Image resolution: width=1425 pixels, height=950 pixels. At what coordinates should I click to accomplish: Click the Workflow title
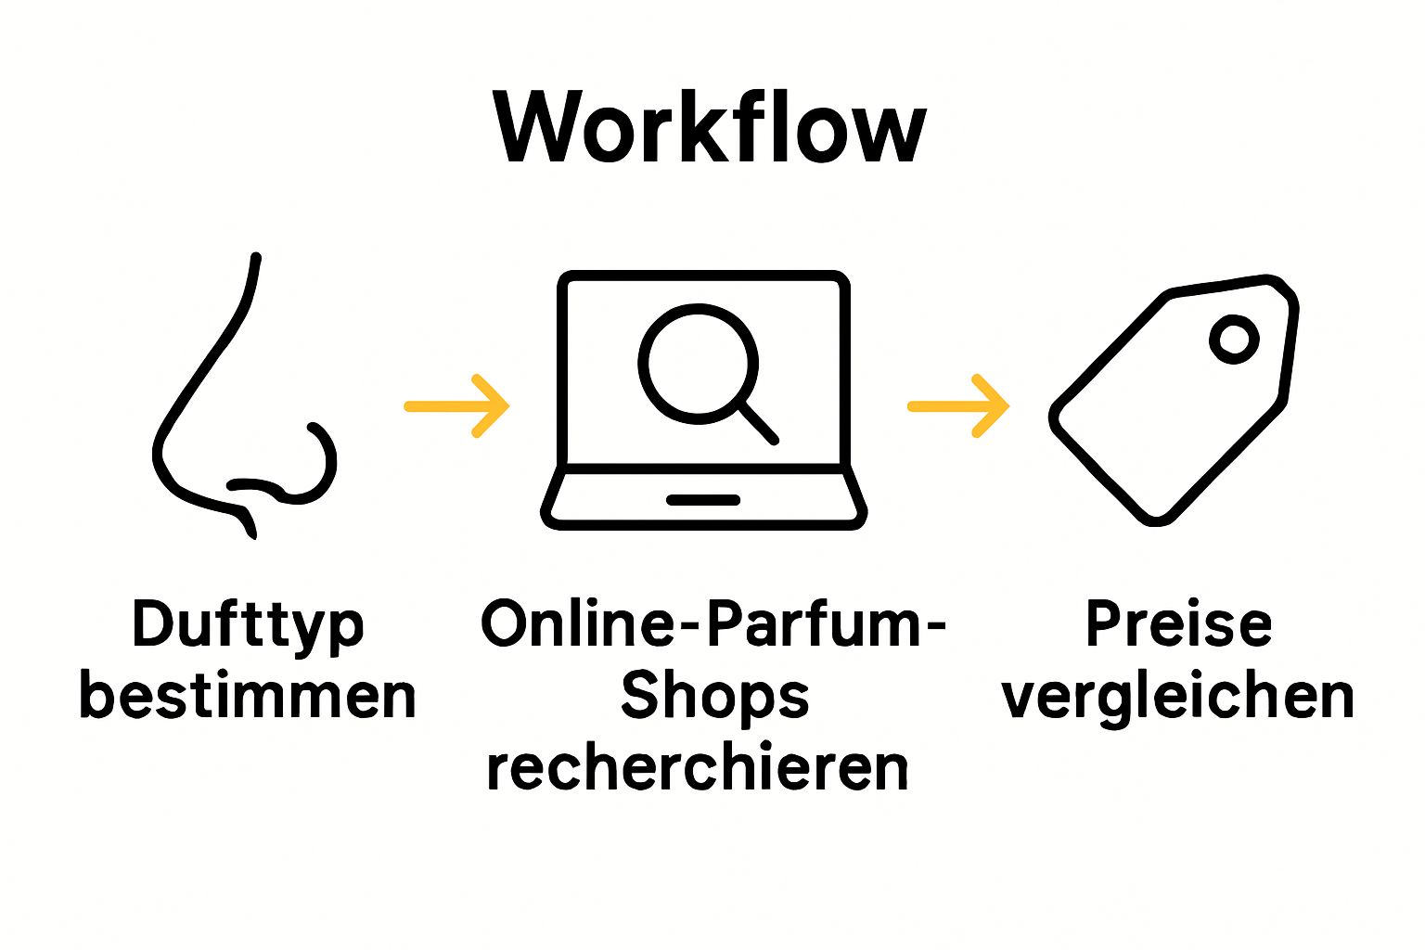coord(710,127)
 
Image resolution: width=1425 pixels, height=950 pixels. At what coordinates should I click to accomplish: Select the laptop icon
coord(703,401)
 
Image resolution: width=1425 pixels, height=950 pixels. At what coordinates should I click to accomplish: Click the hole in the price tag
coord(1233,339)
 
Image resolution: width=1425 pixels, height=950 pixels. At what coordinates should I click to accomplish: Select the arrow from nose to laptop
coord(457,406)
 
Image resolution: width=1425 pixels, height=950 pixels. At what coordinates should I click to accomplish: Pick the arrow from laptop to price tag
coord(958,406)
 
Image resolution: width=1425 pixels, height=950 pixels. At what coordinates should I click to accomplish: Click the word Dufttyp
coord(248,624)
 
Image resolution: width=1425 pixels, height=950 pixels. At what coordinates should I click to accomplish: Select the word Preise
coord(1178,623)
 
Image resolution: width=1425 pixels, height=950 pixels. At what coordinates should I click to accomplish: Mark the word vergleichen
coord(1178,698)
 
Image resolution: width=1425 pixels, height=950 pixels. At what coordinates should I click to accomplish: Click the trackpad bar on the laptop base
coord(702,500)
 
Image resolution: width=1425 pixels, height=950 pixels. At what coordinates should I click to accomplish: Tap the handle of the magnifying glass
coord(758,423)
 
